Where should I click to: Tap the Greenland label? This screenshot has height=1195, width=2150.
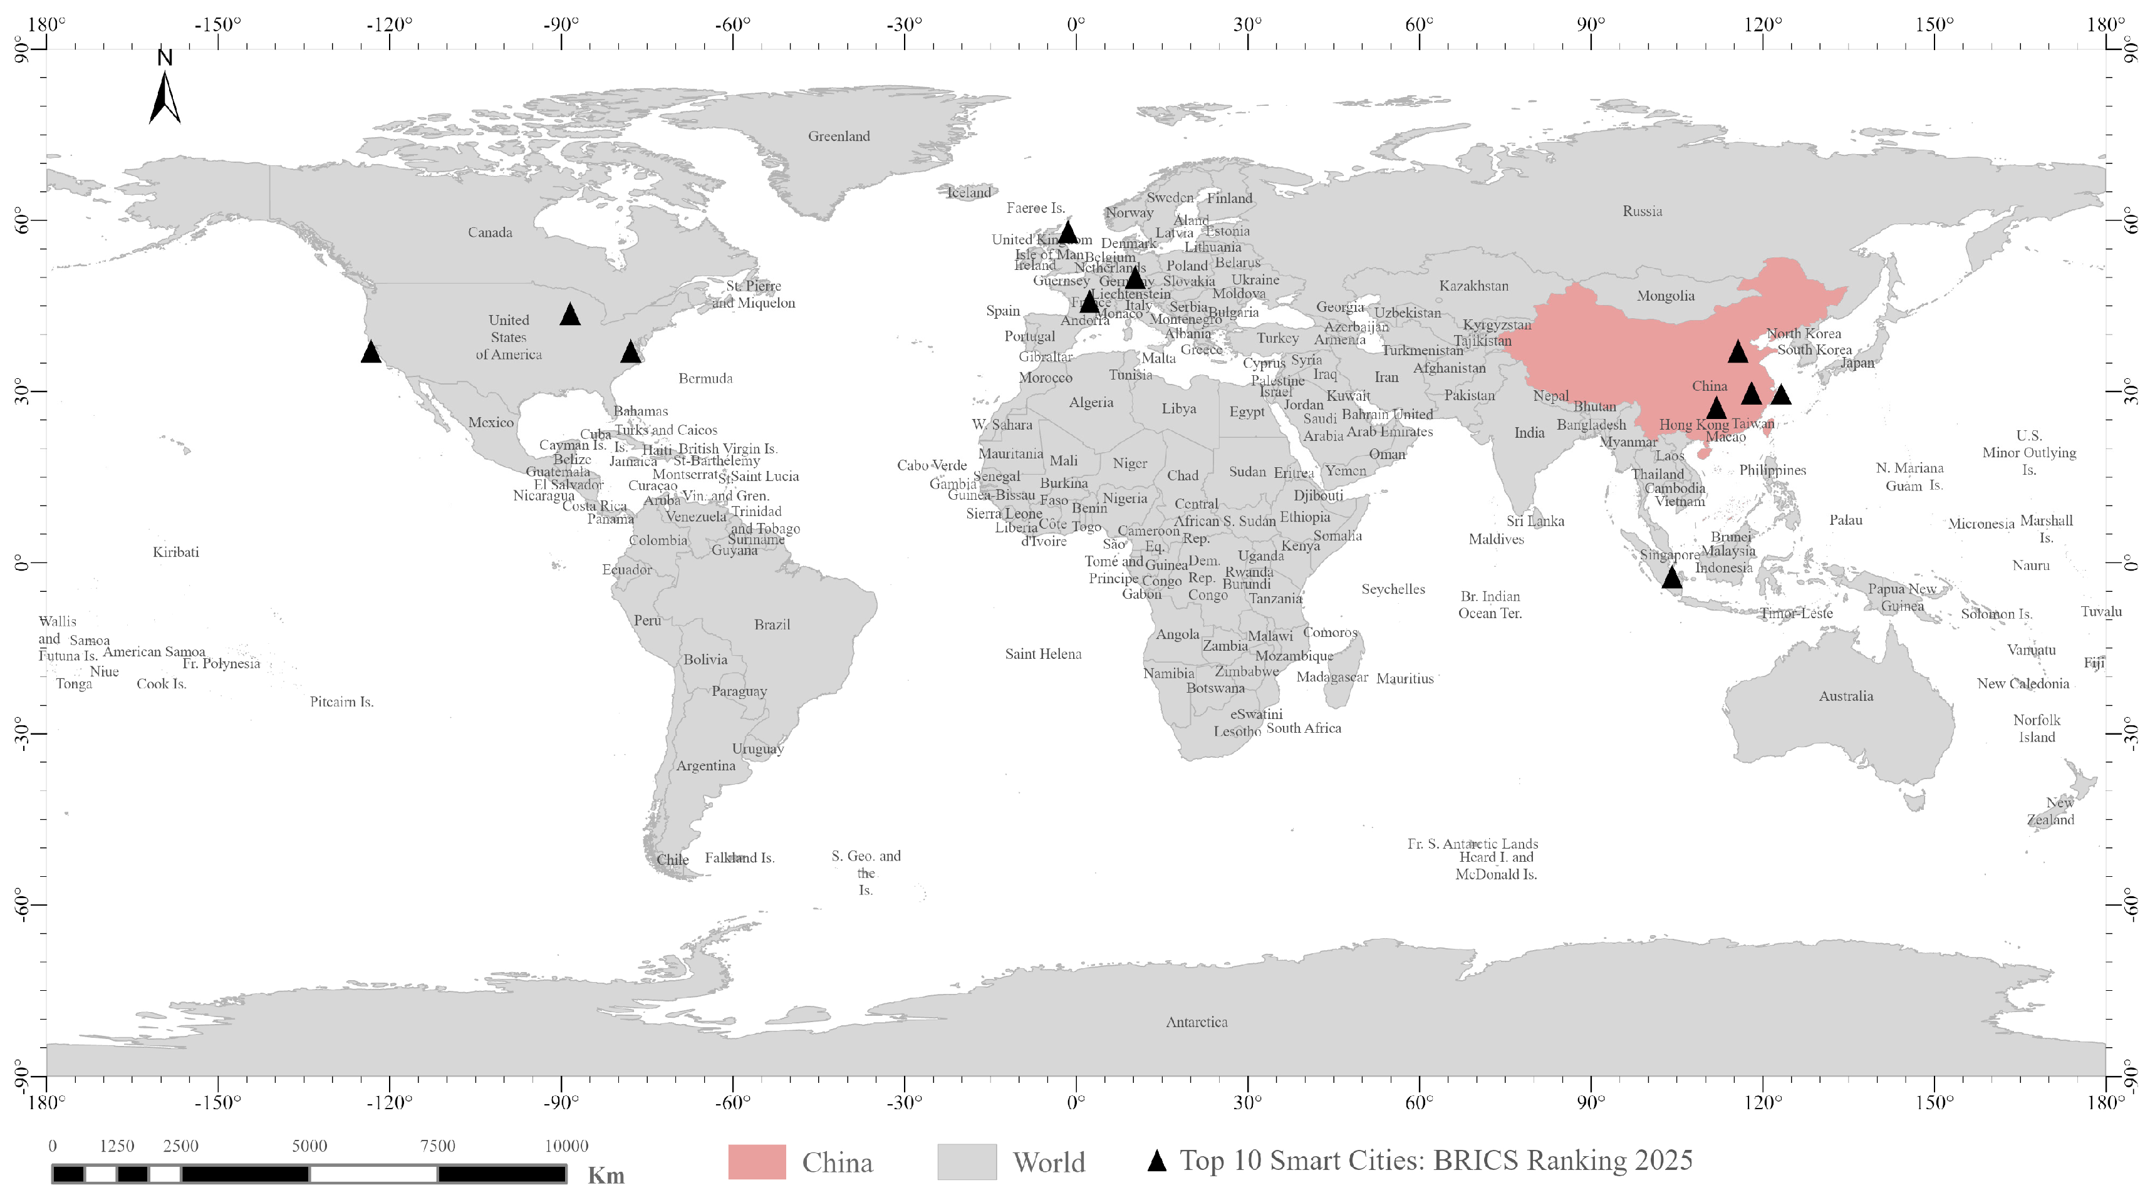[838, 136]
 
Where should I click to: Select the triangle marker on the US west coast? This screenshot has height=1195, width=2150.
[371, 352]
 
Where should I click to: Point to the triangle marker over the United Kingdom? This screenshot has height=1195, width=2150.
[1067, 232]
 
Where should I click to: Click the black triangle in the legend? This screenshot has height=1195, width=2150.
[1157, 1161]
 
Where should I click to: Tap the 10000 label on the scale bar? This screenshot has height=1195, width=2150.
[567, 1146]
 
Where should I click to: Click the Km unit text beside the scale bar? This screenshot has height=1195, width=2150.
[606, 1176]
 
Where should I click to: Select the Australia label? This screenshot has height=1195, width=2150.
[1846, 696]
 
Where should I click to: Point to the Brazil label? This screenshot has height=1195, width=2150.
[771, 624]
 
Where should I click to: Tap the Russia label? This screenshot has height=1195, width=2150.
[1642, 211]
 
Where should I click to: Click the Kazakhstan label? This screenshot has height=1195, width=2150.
[1473, 286]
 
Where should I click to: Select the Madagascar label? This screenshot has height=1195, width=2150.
[1331, 677]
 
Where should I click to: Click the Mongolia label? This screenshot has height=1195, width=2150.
[1665, 296]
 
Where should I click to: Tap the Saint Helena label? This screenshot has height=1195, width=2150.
[1042, 653]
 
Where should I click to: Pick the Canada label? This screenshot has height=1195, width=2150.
[489, 232]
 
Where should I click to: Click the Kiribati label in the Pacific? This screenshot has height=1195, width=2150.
[175, 552]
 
